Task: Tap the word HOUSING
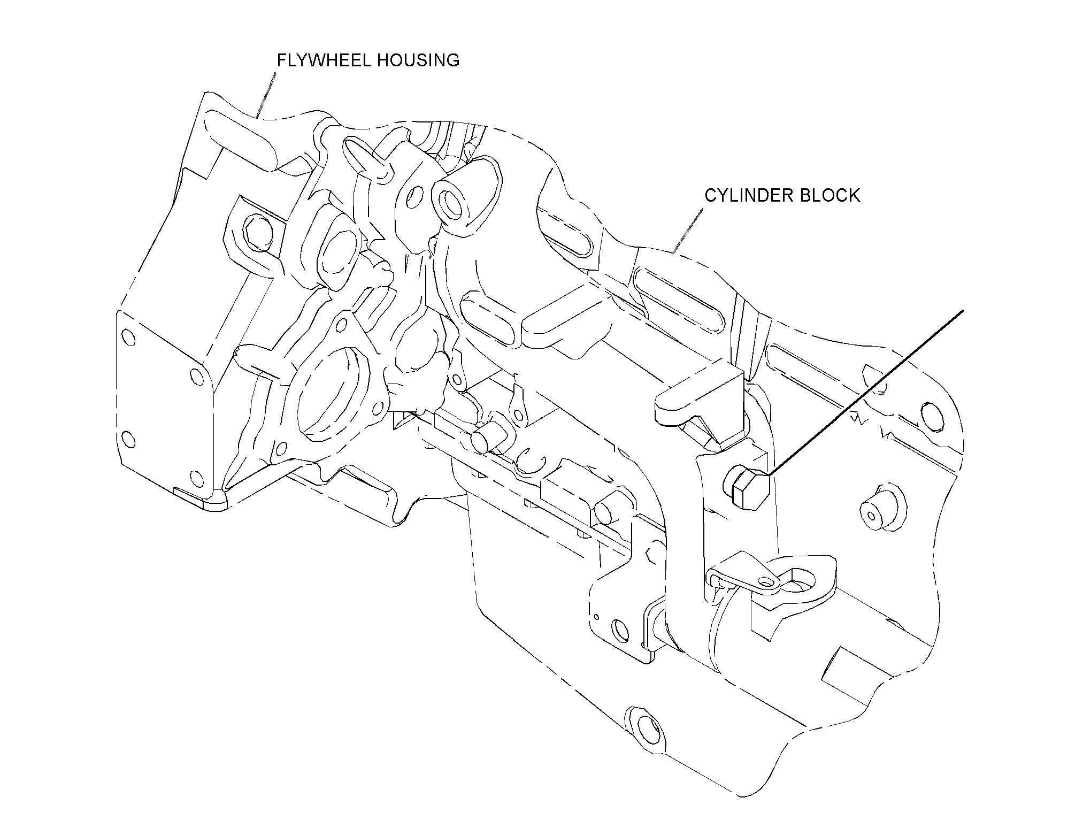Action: [x=417, y=60]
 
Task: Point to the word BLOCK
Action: [x=829, y=195]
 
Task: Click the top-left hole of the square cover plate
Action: [x=128, y=337]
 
